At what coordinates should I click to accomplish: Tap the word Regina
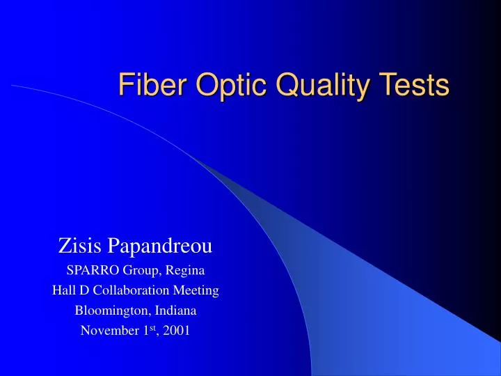click(184, 269)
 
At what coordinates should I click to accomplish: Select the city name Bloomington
click(109, 310)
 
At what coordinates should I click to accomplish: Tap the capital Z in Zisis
click(63, 245)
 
